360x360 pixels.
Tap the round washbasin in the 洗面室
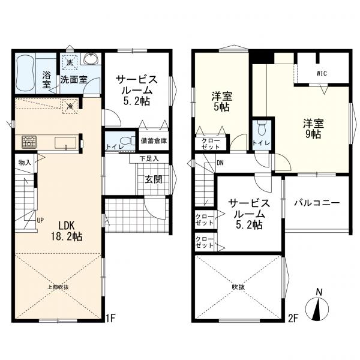(x=91, y=59)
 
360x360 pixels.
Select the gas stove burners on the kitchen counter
(x=29, y=142)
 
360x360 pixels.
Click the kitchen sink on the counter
(x=65, y=143)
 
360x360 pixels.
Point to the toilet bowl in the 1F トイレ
(x=128, y=140)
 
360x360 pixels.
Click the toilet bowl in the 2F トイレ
(x=262, y=129)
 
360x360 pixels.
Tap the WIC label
(x=322, y=73)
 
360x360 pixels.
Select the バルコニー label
(x=317, y=203)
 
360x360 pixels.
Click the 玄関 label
(x=154, y=179)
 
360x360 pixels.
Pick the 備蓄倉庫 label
(x=154, y=141)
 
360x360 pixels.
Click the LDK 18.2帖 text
(x=67, y=231)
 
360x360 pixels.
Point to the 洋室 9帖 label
(x=313, y=128)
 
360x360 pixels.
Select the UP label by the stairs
(x=40, y=220)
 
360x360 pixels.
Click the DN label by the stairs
(x=220, y=163)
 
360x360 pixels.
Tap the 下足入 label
(x=149, y=158)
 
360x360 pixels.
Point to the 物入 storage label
(x=25, y=163)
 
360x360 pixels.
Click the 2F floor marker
(x=293, y=319)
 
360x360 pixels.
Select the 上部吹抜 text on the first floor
(x=58, y=287)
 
